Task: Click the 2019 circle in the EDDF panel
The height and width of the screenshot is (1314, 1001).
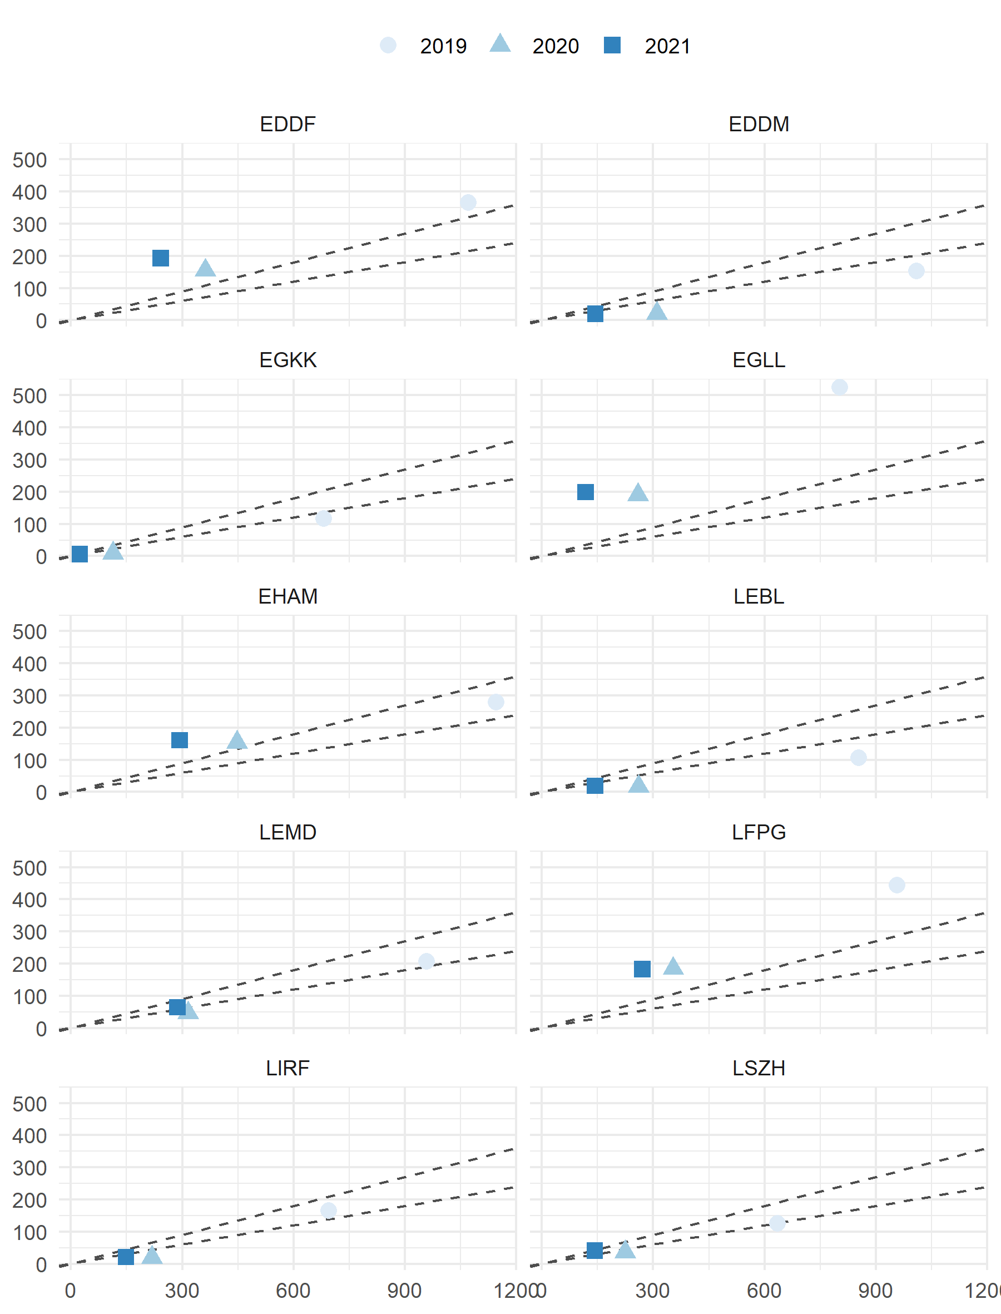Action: (x=468, y=202)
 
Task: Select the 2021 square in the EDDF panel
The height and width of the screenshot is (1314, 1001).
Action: (x=160, y=258)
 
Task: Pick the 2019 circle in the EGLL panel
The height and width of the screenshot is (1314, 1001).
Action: (x=839, y=387)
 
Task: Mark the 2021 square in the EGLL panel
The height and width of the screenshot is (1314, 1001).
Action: (x=585, y=492)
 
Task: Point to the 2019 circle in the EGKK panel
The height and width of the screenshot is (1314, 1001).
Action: (x=324, y=518)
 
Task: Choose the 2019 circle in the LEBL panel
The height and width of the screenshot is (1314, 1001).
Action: (x=858, y=757)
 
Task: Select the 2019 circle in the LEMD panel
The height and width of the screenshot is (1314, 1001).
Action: (x=426, y=961)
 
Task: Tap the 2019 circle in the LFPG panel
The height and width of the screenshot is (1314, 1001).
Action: (x=896, y=885)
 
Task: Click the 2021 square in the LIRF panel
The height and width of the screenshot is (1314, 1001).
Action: (x=126, y=1257)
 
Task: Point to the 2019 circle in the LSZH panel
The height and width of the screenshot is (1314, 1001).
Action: (x=777, y=1223)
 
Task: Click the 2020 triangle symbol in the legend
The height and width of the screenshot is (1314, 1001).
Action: (x=500, y=44)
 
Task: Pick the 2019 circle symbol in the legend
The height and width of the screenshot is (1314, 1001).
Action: (x=388, y=45)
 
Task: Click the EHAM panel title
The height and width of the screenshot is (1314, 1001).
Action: (x=288, y=596)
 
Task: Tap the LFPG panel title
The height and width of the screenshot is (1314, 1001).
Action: (x=759, y=832)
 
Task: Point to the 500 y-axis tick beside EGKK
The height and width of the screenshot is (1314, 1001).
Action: (x=29, y=396)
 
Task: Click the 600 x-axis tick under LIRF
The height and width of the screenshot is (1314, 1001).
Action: (x=293, y=1290)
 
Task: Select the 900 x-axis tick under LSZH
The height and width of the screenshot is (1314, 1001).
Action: (x=875, y=1290)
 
